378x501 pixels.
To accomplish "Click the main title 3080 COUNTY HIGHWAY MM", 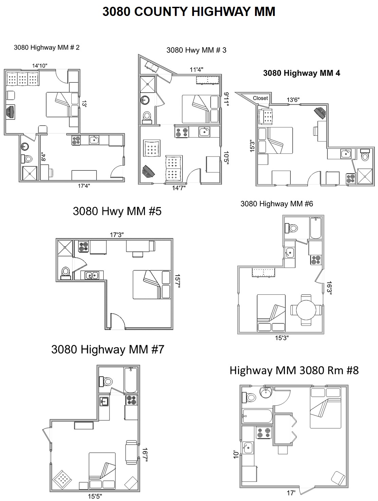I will pos(188,12).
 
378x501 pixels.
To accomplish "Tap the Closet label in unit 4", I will pos(260,98).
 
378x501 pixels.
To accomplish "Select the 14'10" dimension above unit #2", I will pos(40,66).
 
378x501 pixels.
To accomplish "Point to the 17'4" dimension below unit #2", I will pos(84,186).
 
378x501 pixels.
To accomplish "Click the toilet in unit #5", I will pos(66,272).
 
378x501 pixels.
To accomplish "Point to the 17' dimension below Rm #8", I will pos(290,492).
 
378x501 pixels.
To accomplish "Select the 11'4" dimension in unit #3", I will pos(196,70).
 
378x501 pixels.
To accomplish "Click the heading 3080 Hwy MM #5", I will pos(117,211).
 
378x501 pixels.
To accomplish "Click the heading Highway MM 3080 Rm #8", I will pos(294,370).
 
